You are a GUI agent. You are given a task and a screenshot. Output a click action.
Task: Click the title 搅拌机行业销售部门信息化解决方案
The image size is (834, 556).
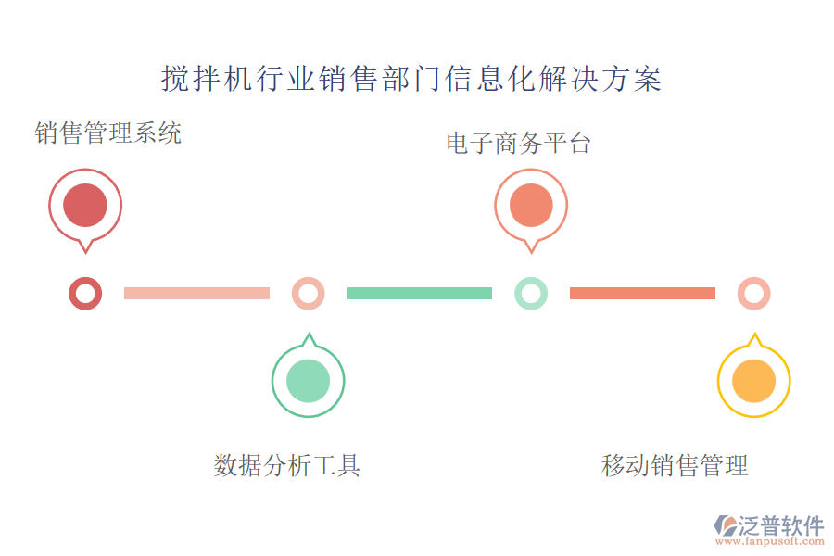click(x=411, y=80)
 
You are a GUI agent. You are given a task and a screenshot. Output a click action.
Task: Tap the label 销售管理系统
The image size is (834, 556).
click(x=108, y=133)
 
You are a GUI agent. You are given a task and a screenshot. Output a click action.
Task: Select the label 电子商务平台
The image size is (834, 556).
click(x=518, y=144)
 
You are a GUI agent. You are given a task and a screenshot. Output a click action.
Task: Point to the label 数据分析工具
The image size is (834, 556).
click(x=287, y=465)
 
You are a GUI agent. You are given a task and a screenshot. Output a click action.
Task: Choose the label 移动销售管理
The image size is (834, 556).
click(x=675, y=465)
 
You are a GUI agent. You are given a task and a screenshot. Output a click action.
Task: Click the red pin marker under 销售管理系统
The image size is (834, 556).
click(x=85, y=206)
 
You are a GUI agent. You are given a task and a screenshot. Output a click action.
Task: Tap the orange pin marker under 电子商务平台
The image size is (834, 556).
click(x=531, y=206)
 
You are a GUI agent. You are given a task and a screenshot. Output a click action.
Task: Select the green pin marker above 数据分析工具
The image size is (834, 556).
click(x=308, y=381)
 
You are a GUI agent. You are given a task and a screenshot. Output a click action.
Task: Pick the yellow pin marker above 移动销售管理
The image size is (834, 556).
click(x=753, y=381)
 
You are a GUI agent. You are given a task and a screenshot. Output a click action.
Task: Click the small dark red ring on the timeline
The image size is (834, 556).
click(x=85, y=294)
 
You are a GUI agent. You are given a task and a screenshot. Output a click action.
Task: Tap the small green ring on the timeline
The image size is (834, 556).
click(x=531, y=294)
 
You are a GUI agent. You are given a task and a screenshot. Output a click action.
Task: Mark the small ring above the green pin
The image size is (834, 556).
click(x=308, y=294)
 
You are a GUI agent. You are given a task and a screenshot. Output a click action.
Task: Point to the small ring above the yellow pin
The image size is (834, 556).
click(x=753, y=294)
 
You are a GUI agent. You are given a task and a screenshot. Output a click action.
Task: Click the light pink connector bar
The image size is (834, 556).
click(x=196, y=294)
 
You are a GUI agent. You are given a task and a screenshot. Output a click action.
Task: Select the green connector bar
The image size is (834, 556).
click(x=420, y=294)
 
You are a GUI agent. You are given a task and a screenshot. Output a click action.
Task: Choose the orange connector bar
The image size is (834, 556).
click(x=642, y=294)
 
